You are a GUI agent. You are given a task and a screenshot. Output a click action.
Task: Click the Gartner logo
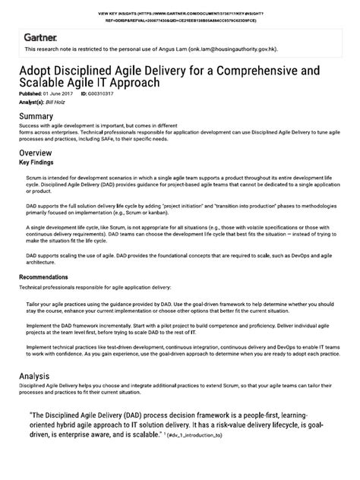coord(36,36)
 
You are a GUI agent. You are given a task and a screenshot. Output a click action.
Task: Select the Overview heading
coord(38,152)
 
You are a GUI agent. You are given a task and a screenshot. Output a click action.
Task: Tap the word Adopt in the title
coord(37,69)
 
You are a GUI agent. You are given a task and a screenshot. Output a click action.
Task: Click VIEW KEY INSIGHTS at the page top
coord(122,14)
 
